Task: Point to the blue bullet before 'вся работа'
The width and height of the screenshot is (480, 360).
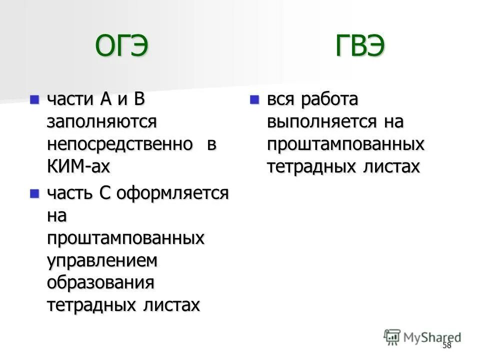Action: point(254,99)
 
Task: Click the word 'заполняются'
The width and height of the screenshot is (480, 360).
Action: point(102,121)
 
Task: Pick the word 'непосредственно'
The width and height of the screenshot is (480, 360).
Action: point(120,144)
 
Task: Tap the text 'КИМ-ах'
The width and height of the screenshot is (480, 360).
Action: point(78,166)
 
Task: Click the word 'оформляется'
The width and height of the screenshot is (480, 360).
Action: point(172,193)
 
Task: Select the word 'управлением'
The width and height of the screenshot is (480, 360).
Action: point(102,260)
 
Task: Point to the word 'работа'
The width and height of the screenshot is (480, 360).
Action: point(329,99)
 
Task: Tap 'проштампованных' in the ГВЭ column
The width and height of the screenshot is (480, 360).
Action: point(345,144)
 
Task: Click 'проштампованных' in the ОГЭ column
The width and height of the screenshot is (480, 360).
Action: point(126,238)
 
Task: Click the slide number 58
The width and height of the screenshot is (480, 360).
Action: point(446,345)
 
